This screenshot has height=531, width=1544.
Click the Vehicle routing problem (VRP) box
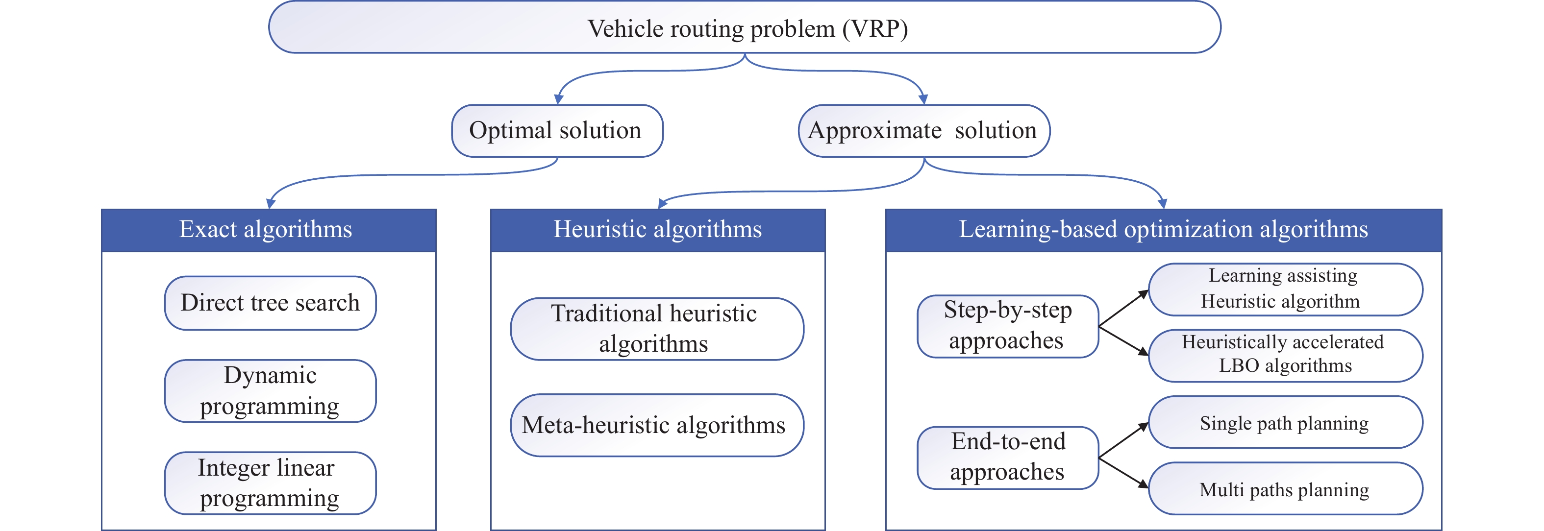[745, 27]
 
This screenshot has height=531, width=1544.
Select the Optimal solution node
[557, 131]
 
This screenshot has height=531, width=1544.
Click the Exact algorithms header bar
[269, 230]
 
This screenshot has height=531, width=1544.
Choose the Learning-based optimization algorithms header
[1164, 230]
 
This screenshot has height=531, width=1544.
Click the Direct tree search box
[270, 303]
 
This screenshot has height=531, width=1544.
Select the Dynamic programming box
[270, 391]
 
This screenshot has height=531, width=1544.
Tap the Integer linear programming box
[270, 483]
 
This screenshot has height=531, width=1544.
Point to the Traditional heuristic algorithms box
[657, 329]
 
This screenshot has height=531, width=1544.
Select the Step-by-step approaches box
[1008, 326]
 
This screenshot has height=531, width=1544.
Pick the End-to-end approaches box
[1008, 458]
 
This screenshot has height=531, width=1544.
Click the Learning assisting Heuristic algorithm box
[1285, 290]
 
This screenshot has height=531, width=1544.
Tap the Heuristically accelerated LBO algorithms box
[1285, 356]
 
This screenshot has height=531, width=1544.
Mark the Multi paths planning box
[1285, 488]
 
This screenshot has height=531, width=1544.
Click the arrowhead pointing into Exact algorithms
[270, 203]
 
